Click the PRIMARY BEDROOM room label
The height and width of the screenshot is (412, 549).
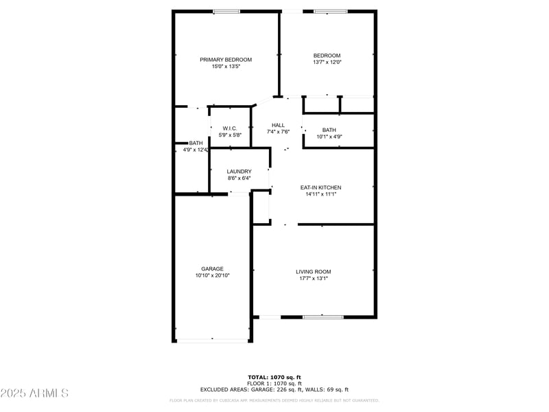(x=226, y=60)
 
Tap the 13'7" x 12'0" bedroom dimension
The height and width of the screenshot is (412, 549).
(x=327, y=62)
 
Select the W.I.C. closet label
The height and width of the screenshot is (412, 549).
(x=229, y=128)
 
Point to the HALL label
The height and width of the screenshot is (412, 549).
(x=278, y=125)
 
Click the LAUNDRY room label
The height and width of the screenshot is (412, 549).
(x=239, y=172)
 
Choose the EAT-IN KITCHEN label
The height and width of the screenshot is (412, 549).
(x=320, y=187)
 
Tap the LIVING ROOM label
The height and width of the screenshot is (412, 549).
(x=314, y=272)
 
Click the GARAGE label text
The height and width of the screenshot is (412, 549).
(x=212, y=269)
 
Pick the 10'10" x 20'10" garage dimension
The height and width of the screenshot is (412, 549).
(x=212, y=275)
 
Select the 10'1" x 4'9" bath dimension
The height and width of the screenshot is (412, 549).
(x=329, y=137)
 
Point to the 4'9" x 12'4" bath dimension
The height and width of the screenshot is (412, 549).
(x=196, y=150)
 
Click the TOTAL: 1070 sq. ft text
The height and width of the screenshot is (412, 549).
(x=274, y=377)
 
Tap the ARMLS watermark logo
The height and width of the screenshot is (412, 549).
(x=34, y=393)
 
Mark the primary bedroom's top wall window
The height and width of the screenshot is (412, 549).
(x=226, y=11)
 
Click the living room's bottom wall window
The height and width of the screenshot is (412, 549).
(x=323, y=317)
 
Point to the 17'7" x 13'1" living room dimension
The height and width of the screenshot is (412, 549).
(x=314, y=279)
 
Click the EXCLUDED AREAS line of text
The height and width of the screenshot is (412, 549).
(x=274, y=389)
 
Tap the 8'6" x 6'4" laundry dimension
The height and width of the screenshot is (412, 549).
(x=239, y=179)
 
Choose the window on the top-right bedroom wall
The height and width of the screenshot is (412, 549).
(x=329, y=11)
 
